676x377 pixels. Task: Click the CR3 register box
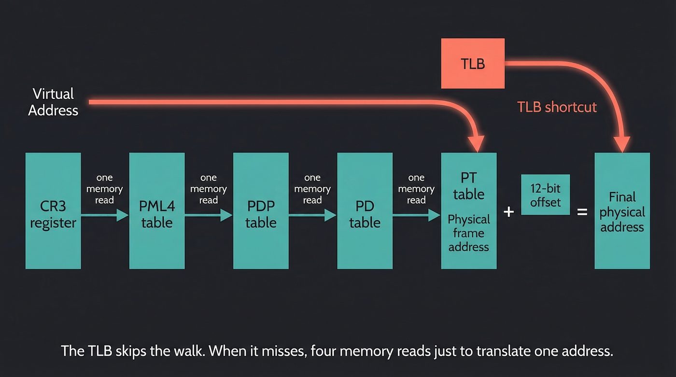[x=53, y=211]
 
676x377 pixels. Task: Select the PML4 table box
[x=157, y=211]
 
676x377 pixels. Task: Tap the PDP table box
[x=261, y=211]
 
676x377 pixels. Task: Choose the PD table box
[x=365, y=211]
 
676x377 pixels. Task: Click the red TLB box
[x=473, y=64]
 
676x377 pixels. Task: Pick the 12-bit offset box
[x=546, y=195]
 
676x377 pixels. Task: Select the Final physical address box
[x=622, y=211]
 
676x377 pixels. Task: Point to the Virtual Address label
[x=53, y=102]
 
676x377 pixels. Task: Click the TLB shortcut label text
[x=557, y=107]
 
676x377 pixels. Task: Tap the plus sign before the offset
[x=508, y=211]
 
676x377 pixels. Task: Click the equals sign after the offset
[x=582, y=211]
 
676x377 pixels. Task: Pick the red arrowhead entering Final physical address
[x=622, y=143]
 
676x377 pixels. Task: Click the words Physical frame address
[x=468, y=233]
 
